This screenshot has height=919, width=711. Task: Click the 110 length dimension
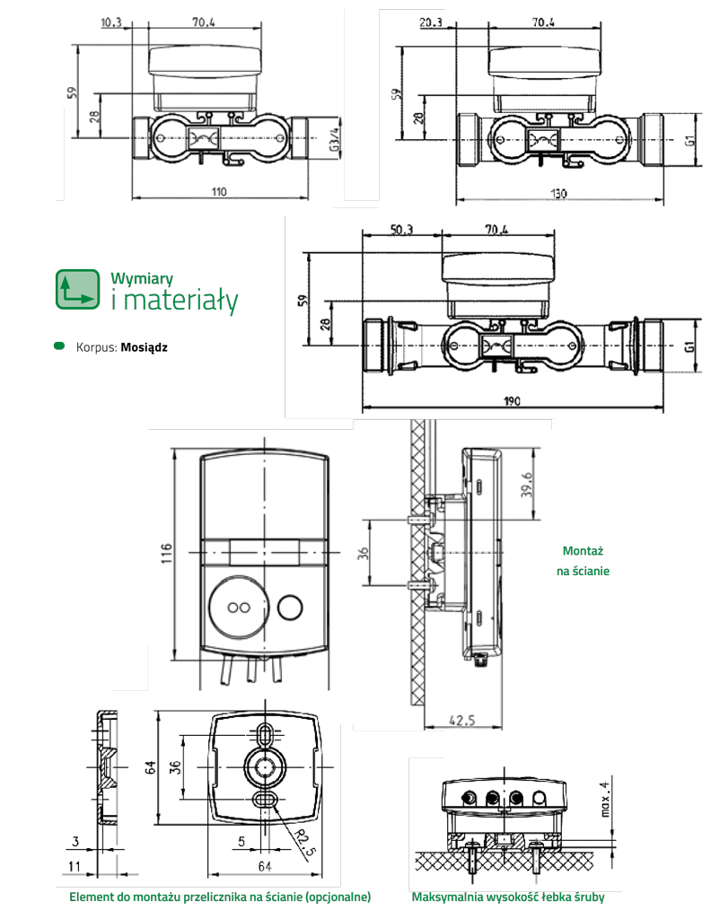click(x=219, y=191)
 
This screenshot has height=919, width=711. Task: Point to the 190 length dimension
click(x=511, y=402)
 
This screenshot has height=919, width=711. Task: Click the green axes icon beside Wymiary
click(x=76, y=289)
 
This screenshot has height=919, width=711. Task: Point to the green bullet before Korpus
click(x=60, y=346)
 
